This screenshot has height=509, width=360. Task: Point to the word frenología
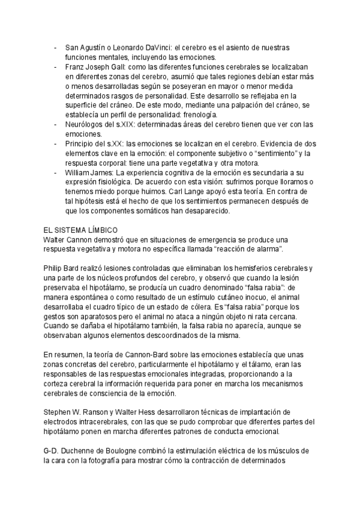205,115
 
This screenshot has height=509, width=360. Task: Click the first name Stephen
57,412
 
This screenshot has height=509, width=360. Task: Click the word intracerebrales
103,421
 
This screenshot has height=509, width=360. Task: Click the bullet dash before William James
55,172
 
